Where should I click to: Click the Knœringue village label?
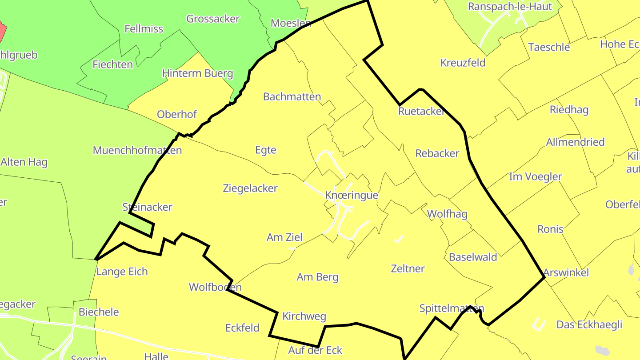[351, 196]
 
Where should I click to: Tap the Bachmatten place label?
[292, 97]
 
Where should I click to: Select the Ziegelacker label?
[250, 188]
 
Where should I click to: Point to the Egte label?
[265, 150]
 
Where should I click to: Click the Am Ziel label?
[284, 238]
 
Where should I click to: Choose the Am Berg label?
[317, 277]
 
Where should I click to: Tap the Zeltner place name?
[408, 268]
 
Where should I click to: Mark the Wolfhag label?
[447, 214]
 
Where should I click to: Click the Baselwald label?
[473, 257]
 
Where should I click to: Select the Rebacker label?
[437, 153]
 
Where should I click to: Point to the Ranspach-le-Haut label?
[510, 7]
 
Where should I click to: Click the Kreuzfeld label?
[463, 63]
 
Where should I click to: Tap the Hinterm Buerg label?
[197, 73]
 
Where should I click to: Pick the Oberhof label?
[176, 115]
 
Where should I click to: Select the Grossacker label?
[213, 19]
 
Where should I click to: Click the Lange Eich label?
[122, 272]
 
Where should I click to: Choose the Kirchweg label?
[304, 316]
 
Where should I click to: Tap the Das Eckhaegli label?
[589, 325]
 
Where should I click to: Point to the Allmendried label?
[575, 142]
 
